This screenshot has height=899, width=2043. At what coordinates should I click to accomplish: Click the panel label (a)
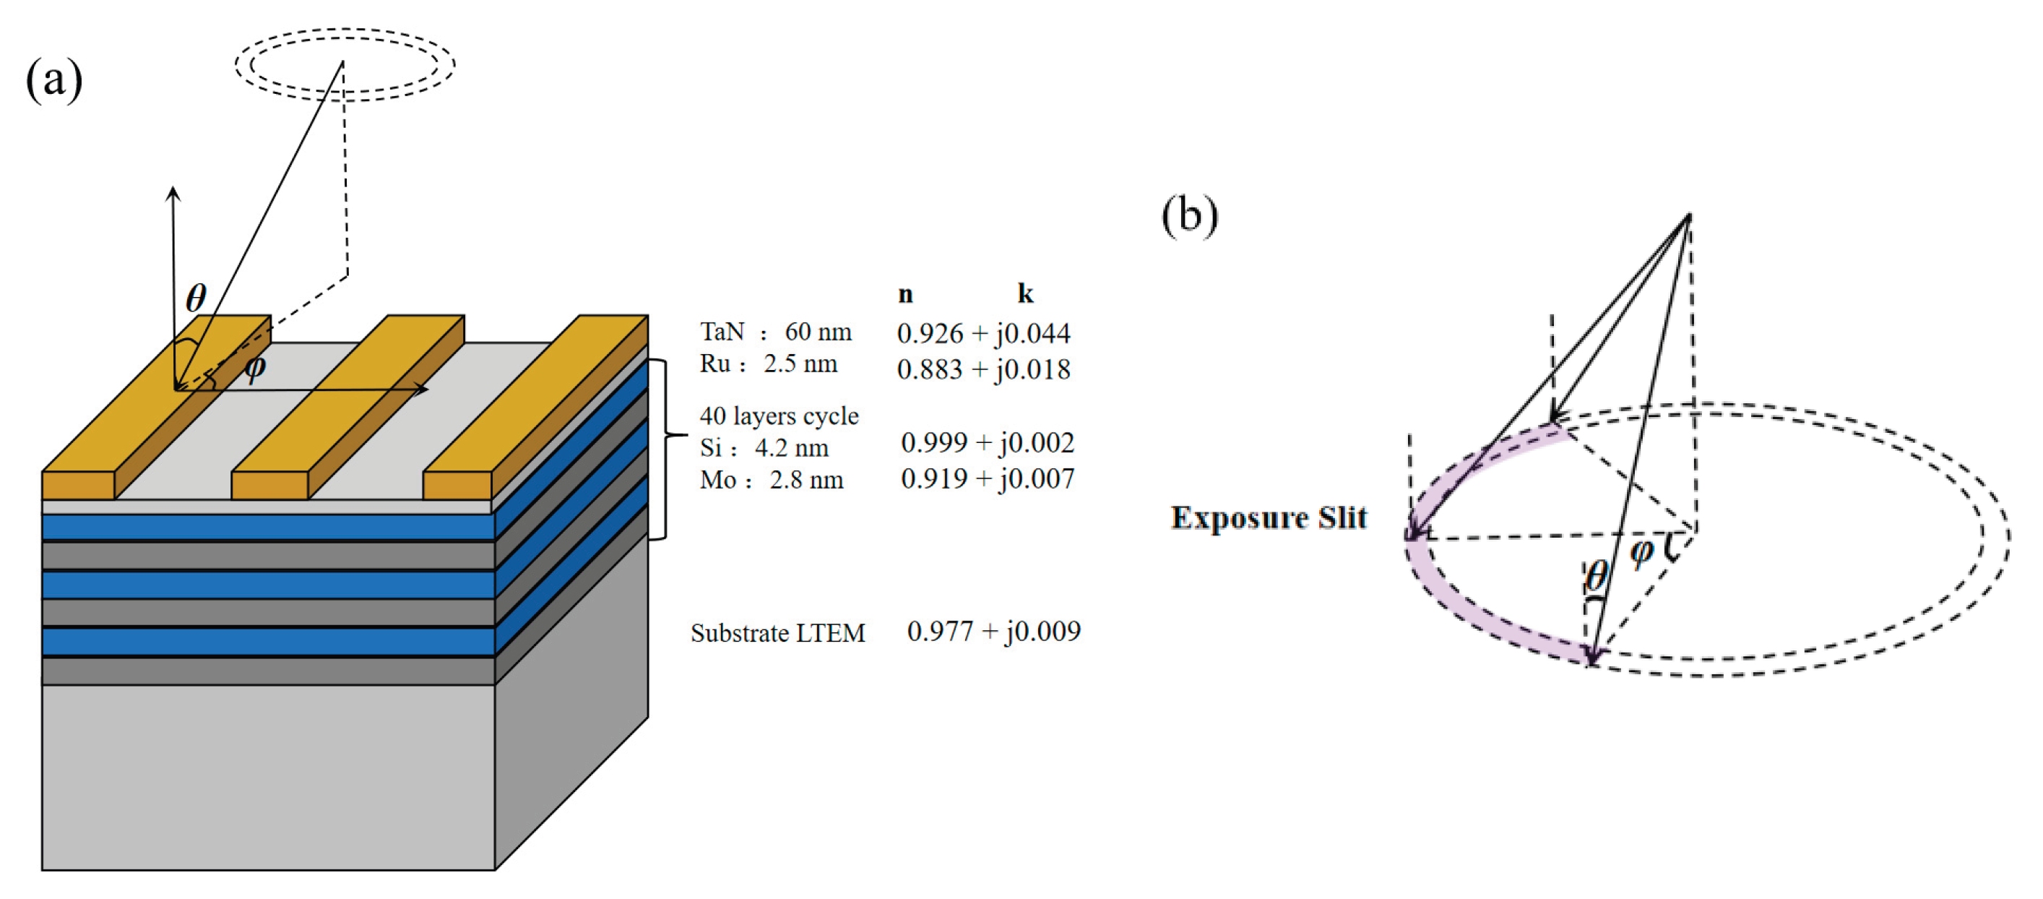(x=54, y=79)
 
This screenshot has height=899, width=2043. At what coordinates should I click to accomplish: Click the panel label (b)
(x=1189, y=215)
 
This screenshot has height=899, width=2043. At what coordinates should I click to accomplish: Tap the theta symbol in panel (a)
(x=196, y=298)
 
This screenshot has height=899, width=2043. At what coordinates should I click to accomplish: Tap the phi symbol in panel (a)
(x=254, y=367)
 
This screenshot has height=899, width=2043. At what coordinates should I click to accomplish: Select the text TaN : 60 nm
(x=775, y=332)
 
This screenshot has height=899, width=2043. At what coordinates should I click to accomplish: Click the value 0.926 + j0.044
(x=983, y=333)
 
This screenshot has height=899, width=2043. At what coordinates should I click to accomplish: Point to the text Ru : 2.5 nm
(x=768, y=364)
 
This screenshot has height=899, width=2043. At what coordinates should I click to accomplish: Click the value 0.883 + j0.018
(x=983, y=369)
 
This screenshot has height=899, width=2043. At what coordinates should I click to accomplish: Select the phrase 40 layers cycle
(x=778, y=416)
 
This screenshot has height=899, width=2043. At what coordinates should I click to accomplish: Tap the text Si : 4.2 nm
(x=764, y=447)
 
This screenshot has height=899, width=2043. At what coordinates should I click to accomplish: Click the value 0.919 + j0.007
(x=988, y=478)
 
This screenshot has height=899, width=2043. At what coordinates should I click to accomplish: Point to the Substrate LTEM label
(x=777, y=633)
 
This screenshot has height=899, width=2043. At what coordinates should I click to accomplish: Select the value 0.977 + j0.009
(x=993, y=631)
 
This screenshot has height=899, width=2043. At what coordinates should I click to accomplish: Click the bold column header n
(x=905, y=294)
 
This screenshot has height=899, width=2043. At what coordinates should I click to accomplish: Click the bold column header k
(x=1024, y=294)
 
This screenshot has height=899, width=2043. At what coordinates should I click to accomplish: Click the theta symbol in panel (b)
(x=1596, y=575)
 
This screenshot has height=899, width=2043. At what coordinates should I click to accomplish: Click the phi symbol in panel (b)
(x=1641, y=551)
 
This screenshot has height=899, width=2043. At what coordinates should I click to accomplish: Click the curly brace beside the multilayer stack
(x=665, y=434)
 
